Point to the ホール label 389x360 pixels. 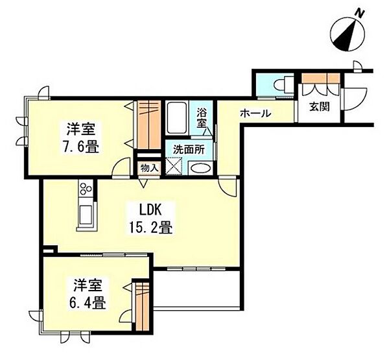255,114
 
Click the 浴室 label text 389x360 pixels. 203,117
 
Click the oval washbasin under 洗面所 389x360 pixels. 200,169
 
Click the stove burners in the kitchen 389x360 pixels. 86,191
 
